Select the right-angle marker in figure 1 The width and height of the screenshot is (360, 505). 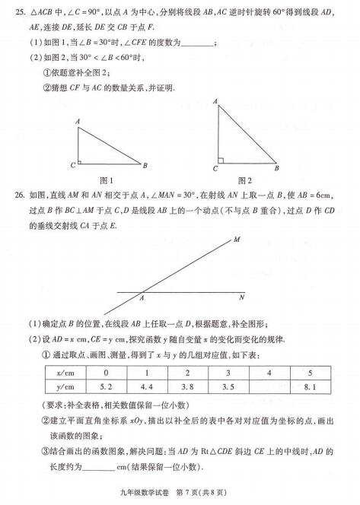pos(81,160)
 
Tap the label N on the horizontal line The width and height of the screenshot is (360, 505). pos(241,297)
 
